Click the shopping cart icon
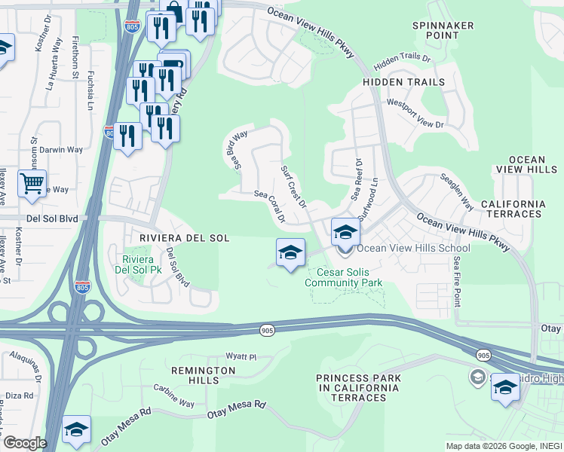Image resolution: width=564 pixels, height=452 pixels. click(x=32, y=183)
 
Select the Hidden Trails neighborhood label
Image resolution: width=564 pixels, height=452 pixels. click(x=403, y=82)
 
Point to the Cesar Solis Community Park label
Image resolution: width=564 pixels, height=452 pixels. click(x=343, y=277)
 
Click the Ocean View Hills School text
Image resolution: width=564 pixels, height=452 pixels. click(x=413, y=248)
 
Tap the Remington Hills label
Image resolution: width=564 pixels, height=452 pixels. click(x=203, y=376)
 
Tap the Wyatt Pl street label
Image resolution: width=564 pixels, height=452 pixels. click(x=242, y=356)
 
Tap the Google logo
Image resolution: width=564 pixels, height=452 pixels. click(x=24, y=443)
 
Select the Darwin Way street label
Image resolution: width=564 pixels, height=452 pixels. click(x=61, y=150)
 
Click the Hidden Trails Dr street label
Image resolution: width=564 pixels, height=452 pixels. click(x=402, y=58)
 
